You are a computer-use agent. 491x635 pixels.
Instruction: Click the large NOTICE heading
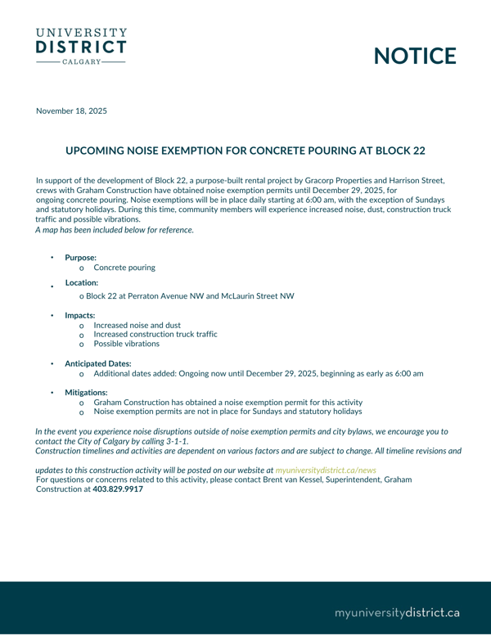point(415,56)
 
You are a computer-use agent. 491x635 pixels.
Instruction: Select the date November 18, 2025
point(71,110)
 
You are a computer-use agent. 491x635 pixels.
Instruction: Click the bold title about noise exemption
point(245,151)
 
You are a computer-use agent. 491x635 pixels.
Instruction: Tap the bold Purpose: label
point(80,258)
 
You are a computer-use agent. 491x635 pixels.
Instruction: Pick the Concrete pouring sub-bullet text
point(124,268)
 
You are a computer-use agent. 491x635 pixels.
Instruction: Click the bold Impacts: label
point(80,315)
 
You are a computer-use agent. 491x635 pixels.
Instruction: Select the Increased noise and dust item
point(137,325)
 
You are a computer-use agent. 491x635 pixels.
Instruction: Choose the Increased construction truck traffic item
point(155,334)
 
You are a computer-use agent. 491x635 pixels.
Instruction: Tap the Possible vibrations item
point(127,344)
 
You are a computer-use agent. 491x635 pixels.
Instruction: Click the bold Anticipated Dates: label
point(98,363)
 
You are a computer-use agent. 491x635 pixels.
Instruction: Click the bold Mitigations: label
point(86,393)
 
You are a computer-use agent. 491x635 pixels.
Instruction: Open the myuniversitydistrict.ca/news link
point(326,471)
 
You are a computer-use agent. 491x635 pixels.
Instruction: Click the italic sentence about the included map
point(115,230)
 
